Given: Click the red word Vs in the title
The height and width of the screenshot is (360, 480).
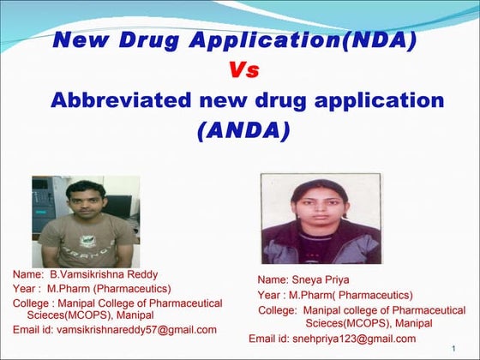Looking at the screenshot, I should click(x=243, y=70).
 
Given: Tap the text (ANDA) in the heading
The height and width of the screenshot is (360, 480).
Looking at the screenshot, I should click(x=243, y=131).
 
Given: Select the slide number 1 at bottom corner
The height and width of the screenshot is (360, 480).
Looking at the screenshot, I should click(x=452, y=347).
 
